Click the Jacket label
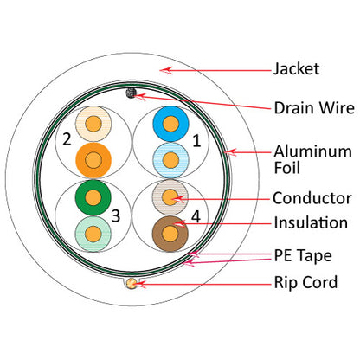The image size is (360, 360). pyautogui.click(x=297, y=67)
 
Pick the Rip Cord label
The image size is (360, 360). pyautogui.click(x=305, y=282)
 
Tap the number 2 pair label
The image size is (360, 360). pyautogui.click(x=66, y=138)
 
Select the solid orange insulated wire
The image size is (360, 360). pyautogui.click(x=92, y=160)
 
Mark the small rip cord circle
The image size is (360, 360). pyautogui.click(x=132, y=282)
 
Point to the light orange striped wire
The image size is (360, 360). pyautogui.click(x=92, y=125)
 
